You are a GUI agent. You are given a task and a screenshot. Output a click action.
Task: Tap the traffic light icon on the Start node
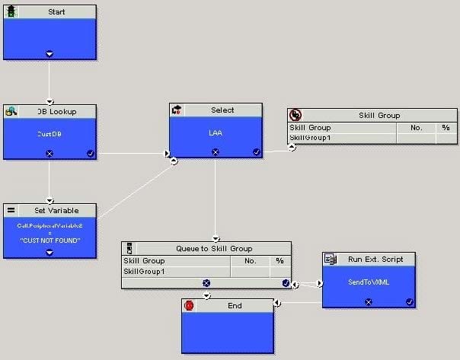coord(12,12)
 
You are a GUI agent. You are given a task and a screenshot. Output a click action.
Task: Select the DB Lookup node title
coord(53,112)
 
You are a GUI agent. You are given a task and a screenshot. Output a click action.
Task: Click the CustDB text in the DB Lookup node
coord(50,134)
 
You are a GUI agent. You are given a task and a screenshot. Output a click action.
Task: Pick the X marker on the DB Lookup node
coord(50,153)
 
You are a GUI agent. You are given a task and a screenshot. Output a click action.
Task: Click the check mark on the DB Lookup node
coord(91,153)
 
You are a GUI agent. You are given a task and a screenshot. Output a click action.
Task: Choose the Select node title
coord(222,110)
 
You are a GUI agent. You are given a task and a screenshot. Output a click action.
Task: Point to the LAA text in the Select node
coord(216,132)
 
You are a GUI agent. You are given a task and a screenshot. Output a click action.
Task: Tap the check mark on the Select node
coord(257,151)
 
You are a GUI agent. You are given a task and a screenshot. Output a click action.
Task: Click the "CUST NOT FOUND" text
coord(50,241)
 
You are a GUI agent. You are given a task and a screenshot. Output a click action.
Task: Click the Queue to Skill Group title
coord(214,249)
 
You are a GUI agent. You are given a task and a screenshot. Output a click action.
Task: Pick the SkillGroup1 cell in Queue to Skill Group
coord(144,271)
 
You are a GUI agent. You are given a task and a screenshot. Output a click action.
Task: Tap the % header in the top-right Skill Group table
coord(446,128)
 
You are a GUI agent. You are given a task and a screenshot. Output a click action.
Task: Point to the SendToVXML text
coord(368,282)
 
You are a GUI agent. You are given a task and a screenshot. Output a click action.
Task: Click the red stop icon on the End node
coord(190,306)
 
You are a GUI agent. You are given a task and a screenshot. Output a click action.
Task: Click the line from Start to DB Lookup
coord(50,80)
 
